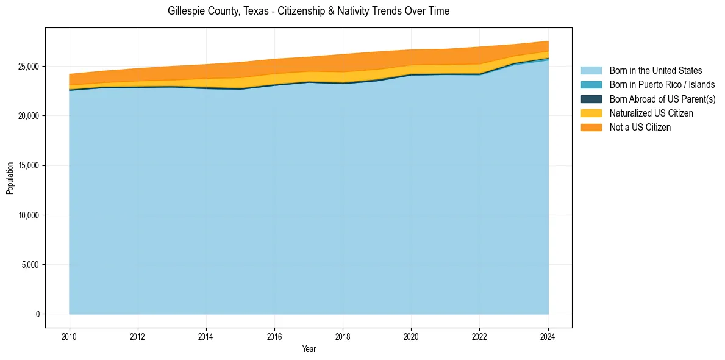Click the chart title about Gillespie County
point(308,11)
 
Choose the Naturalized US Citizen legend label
point(651,113)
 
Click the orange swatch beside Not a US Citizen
point(591,127)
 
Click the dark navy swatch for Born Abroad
point(591,99)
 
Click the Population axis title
point(10,178)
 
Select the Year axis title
point(309,349)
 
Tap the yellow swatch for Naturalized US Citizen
point(591,113)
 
